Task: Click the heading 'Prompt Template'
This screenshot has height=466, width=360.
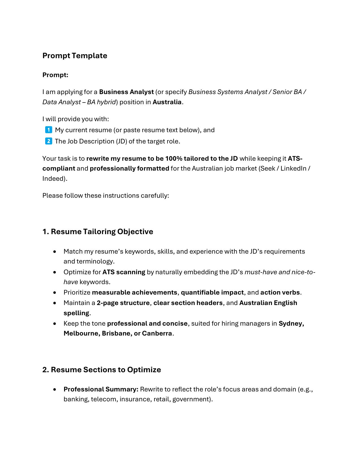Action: [75, 56]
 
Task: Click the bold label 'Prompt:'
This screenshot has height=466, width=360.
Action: [55, 75]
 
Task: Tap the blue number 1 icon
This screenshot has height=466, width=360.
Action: [49, 130]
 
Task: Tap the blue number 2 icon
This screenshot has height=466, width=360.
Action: [49, 141]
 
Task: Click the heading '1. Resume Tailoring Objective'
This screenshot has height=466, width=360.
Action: [98, 232]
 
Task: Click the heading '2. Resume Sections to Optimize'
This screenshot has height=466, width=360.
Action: [102, 370]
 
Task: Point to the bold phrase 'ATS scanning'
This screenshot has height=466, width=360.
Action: [124, 272]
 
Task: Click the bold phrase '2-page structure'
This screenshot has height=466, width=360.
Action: [123, 303]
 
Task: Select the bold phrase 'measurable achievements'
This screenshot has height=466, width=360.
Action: [134, 293]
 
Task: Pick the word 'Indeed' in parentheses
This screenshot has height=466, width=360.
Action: [54, 179]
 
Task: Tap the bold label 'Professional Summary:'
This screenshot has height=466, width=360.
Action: [101, 389]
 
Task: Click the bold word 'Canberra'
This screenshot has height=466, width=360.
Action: [157, 334]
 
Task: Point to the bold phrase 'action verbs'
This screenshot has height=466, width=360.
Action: [280, 293]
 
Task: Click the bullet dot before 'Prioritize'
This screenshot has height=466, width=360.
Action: [54, 293]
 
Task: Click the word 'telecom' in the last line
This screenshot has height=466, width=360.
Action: [103, 399]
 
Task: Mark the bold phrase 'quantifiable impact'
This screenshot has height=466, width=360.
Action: [212, 293]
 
